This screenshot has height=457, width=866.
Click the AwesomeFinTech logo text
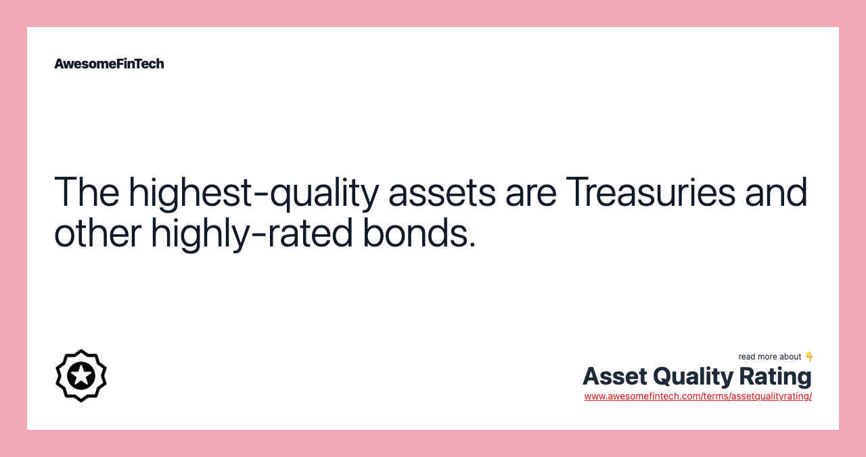109,64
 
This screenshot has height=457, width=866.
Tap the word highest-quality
254,193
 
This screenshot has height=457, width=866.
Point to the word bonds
415,233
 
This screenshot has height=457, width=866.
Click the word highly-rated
252,234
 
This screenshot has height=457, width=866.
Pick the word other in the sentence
97,233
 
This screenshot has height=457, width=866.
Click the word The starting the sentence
87,192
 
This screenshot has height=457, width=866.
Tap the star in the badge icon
81,375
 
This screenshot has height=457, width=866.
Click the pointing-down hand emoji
808,356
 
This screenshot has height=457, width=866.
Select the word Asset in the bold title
615,376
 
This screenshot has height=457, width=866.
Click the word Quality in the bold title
693,377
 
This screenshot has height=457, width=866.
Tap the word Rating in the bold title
775,377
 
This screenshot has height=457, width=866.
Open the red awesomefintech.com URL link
698,396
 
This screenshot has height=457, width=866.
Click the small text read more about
770,357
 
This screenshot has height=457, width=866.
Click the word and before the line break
776,192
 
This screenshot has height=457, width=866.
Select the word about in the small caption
789,357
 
